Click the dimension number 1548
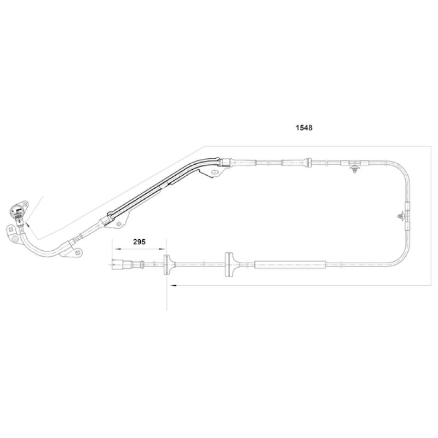point(304,128)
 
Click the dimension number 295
point(139,241)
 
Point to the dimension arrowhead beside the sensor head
point(27,224)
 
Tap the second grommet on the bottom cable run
point(229,264)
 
